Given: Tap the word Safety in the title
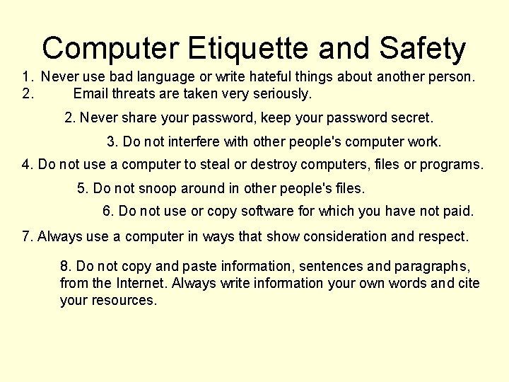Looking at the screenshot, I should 422,49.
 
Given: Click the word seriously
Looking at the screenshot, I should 280,93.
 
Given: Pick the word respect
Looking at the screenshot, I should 441,236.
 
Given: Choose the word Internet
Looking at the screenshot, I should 141,284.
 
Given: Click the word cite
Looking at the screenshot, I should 469,284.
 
